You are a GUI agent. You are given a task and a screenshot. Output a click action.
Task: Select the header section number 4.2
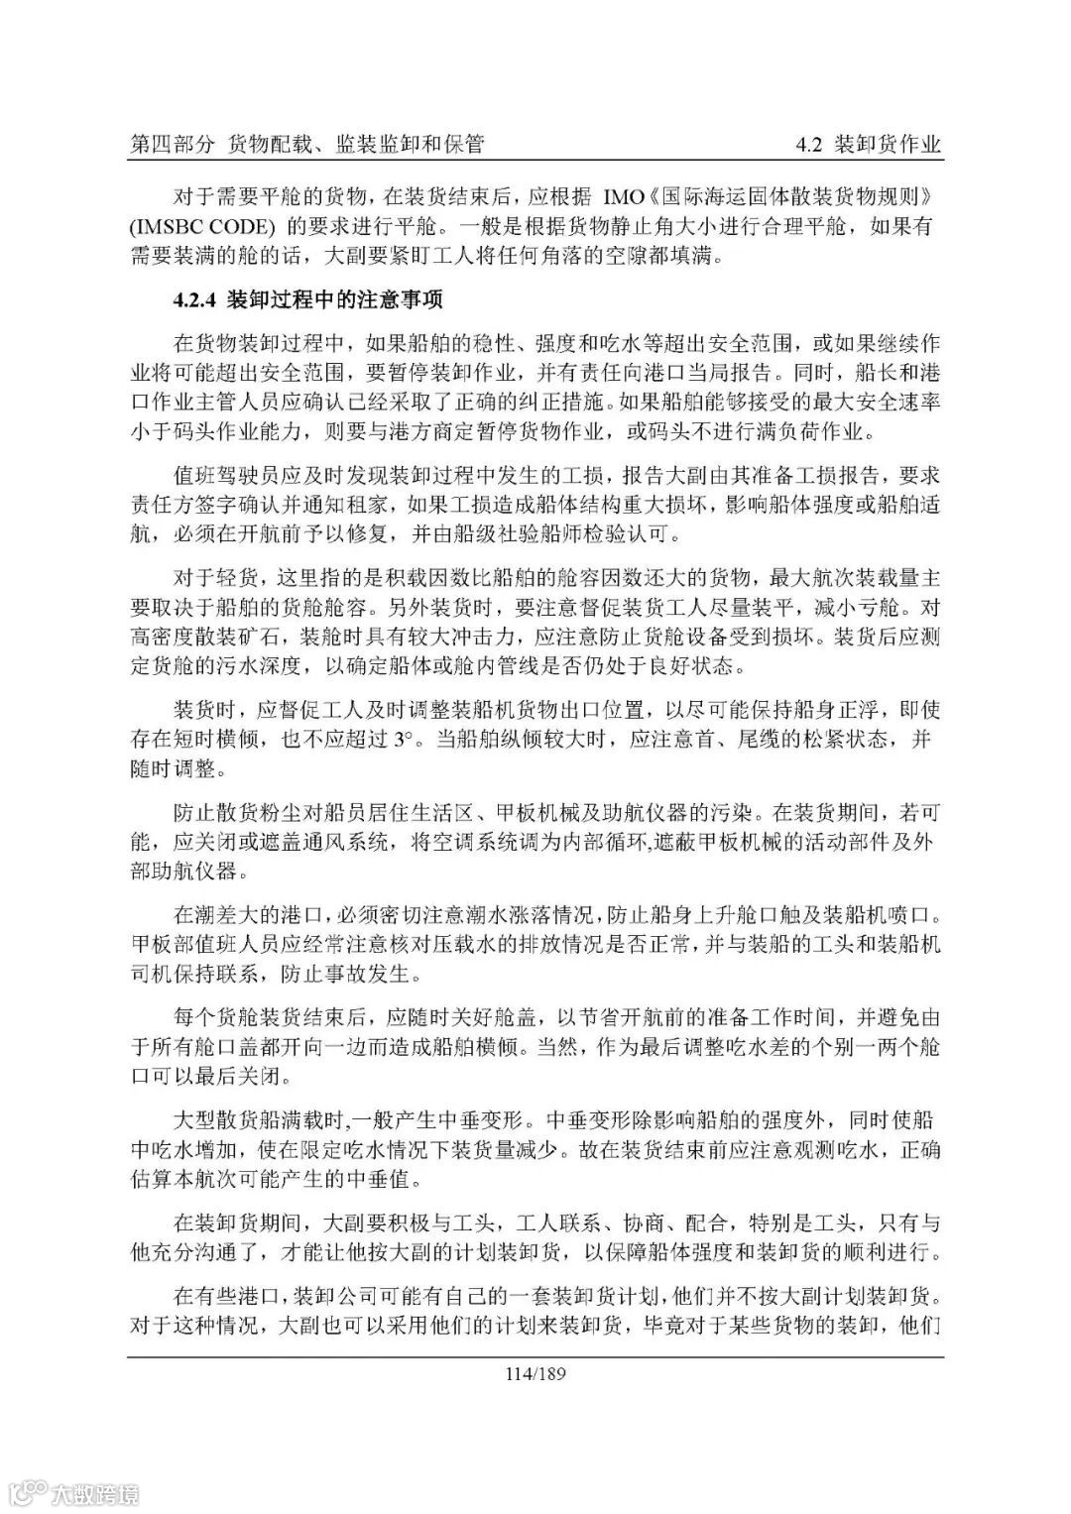click(x=810, y=145)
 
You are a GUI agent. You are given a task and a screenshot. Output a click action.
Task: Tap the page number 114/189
click(x=535, y=1374)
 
